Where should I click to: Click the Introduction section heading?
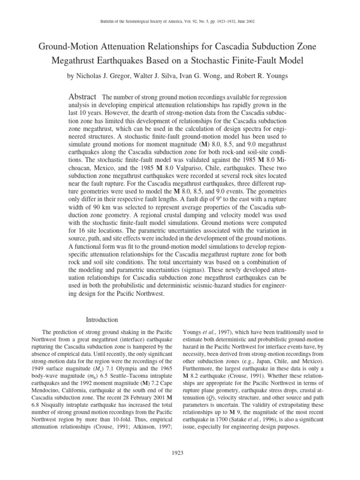pos(102,319)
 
